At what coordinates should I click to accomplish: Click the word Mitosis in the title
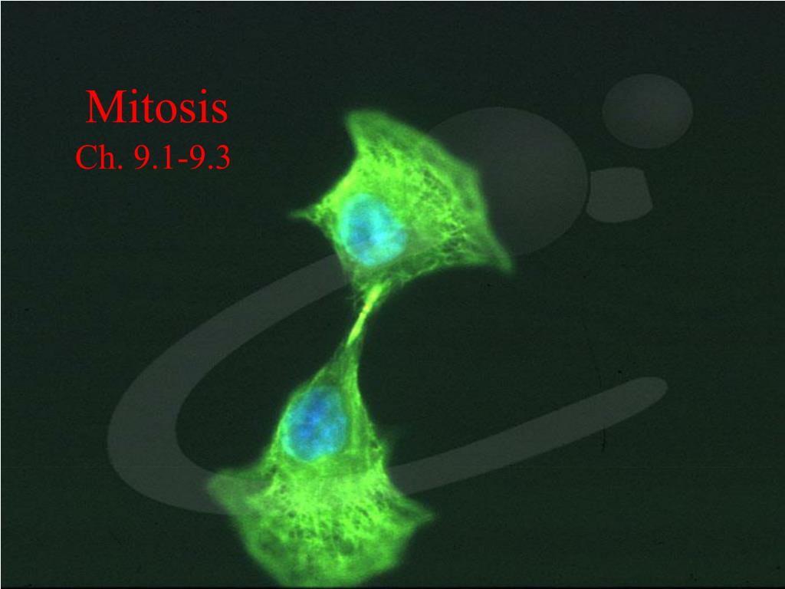coord(156,107)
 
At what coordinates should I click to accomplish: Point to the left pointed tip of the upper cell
coord(295,215)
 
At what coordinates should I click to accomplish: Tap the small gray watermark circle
coord(647,112)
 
